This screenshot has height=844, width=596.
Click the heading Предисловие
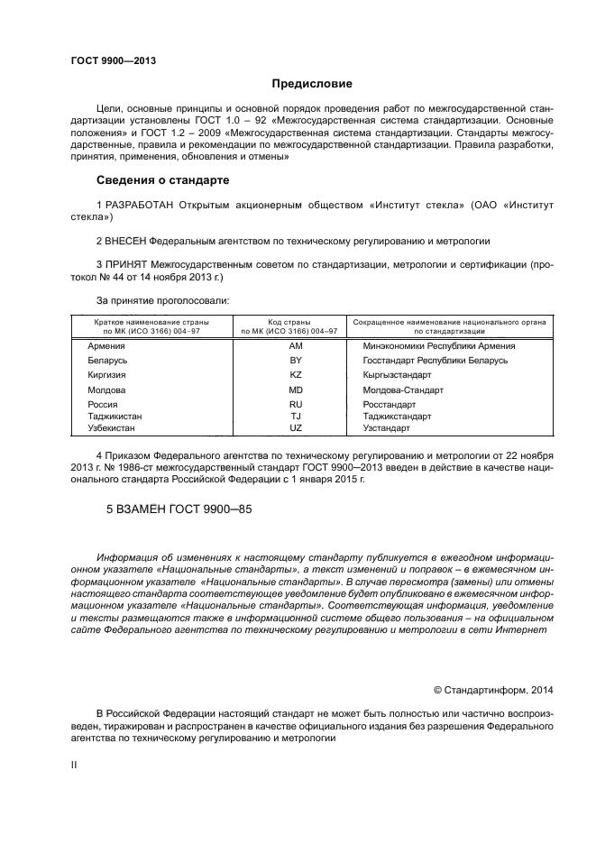point(312,84)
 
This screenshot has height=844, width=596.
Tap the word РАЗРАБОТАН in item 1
point(141,206)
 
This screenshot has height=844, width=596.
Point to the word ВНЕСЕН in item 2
point(124,241)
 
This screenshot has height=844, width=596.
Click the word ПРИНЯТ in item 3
point(125,265)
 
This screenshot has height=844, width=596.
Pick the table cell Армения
point(106,345)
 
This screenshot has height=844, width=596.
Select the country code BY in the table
point(295,360)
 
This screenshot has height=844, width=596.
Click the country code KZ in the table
point(295,374)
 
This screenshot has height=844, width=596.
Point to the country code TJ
point(295,417)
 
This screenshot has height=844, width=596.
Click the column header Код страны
point(289,321)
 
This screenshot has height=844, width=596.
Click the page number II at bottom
point(75,765)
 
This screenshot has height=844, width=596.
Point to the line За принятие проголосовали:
point(162,299)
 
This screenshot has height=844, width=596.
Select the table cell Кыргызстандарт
point(397,374)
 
